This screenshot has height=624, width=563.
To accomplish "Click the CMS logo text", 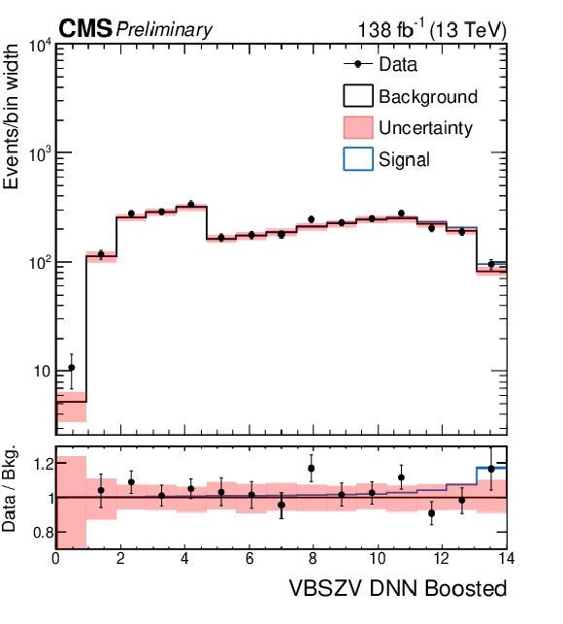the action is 85,29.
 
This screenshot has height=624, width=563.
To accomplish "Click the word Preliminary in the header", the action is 164,30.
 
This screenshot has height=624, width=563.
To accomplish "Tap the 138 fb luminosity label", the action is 391,29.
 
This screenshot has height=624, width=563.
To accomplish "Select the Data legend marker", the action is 358,64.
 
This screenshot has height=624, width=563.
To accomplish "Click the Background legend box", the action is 358,95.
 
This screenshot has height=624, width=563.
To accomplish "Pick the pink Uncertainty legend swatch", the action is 358,127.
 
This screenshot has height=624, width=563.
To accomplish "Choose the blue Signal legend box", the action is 358,159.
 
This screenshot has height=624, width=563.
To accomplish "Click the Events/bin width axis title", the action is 11,116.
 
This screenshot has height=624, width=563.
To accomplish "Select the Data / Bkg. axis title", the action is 10,488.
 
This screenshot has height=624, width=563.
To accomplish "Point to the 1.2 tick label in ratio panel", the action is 43,464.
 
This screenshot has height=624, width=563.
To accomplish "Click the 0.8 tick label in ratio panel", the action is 43,532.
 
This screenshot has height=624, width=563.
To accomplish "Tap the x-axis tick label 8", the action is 313,559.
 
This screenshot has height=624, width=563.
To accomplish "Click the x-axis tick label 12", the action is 442,559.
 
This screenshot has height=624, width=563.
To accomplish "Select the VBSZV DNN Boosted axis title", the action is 398,588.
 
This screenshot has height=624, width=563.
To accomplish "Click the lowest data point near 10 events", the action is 72,368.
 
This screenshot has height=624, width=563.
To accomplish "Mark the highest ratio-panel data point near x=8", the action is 312,469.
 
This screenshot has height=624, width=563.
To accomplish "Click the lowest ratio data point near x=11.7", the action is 432,513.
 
